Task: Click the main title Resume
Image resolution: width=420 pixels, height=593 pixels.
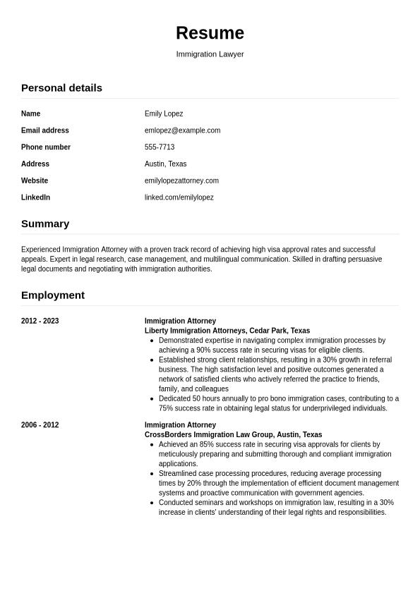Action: (x=210, y=33)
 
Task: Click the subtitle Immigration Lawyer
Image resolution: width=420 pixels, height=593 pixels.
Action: (x=210, y=54)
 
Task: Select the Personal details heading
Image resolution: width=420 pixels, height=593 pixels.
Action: (x=61, y=87)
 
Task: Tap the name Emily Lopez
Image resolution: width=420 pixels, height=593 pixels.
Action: (x=164, y=114)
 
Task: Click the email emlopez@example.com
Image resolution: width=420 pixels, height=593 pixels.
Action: (x=182, y=130)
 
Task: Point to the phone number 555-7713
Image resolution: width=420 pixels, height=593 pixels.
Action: (x=160, y=147)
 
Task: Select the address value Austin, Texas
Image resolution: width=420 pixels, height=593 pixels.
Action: (x=165, y=164)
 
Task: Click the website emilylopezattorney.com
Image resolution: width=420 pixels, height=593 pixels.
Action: (x=181, y=181)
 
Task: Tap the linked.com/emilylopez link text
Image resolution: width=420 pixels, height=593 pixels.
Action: (x=179, y=198)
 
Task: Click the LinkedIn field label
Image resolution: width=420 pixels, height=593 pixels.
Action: (x=35, y=198)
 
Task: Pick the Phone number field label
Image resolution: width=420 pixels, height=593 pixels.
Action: (x=46, y=147)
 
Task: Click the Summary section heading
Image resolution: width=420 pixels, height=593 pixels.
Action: (x=45, y=224)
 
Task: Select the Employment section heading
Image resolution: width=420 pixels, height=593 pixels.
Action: (x=53, y=295)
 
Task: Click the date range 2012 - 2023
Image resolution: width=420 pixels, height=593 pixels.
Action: (x=40, y=322)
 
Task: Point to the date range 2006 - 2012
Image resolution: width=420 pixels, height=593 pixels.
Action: (x=40, y=425)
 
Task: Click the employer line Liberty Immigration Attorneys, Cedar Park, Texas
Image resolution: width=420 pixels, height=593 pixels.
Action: (x=227, y=331)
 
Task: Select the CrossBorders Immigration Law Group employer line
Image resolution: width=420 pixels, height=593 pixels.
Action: (x=233, y=435)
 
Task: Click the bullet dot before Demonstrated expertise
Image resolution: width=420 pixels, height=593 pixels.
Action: (x=152, y=341)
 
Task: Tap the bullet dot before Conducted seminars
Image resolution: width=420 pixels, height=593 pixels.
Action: (x=152, y=503)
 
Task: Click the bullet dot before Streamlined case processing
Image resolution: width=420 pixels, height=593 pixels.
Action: (x=152, y=474)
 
